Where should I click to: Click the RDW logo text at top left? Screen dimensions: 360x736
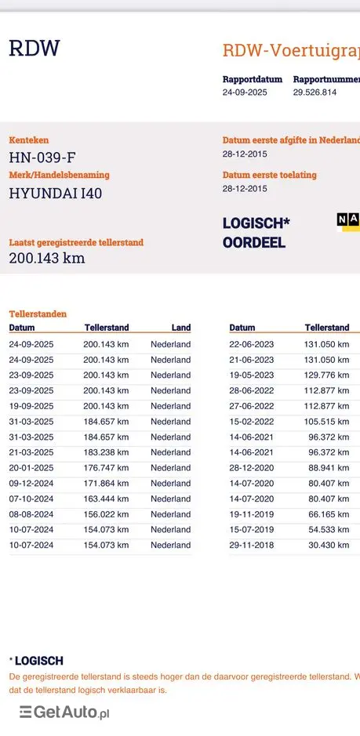(x=34, y=49)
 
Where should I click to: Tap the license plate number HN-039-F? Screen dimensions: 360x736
(x=42, y=157)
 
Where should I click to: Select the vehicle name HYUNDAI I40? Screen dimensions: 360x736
(x=55, y=193)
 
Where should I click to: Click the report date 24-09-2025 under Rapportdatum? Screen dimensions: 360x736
(x=245, y=92)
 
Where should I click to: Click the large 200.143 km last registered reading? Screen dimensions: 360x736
(x=46, y=258)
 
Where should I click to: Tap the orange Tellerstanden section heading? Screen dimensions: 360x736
(x=38, y=314)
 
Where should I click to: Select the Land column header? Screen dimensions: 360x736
(x=180, y=328)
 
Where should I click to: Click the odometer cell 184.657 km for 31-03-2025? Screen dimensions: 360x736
(x=106, y=422)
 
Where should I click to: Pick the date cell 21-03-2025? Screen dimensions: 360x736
(x=31, y=452)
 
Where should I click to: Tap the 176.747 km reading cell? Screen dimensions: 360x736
(x=106, y=468)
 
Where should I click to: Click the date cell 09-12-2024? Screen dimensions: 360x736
(x=31, y=484)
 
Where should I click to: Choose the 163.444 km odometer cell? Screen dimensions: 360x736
(x=106, y=499)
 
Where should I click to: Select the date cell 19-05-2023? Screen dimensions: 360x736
(x=252, y=375)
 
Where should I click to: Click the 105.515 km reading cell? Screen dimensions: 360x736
(x=326, y=422)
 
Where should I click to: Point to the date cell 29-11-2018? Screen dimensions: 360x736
(x=252, y=545)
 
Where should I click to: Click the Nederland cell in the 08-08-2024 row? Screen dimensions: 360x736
(x=170, y=514)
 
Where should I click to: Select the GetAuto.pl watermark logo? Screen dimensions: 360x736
(x=64, y=712)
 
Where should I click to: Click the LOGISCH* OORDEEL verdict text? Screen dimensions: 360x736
(x=256, y=233)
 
